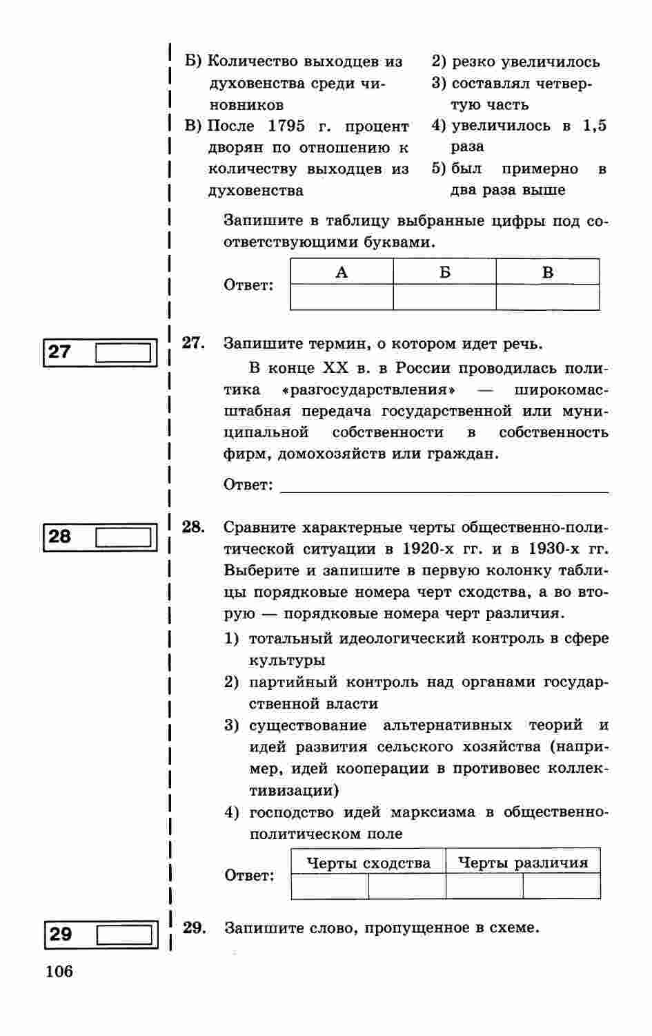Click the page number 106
[59, 972]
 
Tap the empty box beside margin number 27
[123, 353]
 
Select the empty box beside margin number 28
[123, 537]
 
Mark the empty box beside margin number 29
[124, 934]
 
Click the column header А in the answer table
[342, 272]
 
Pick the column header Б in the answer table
[444, 272]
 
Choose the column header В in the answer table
[548, 272]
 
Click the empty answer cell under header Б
[444, 297]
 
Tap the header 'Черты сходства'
[368, 863]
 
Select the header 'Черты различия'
[523, 863]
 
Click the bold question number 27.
[193, 343]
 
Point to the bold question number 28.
[193, 527]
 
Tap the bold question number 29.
[194, 928]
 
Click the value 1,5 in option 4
[595, 126]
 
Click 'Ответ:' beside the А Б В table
[248, 285]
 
